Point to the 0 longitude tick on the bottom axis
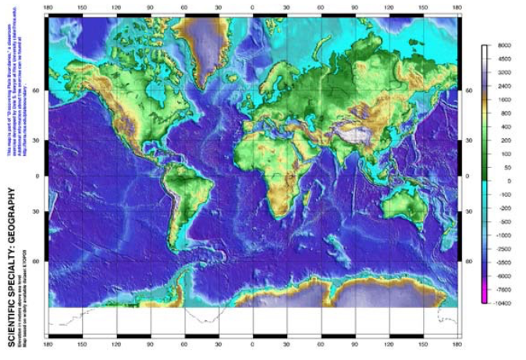(252, 341)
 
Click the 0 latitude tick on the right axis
(468, 176)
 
